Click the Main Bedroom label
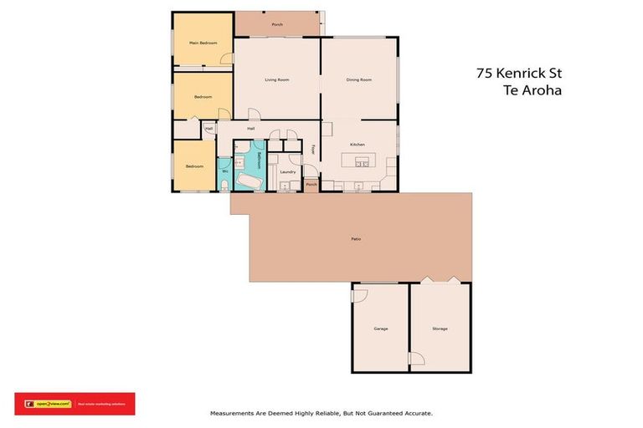tap(203, 43)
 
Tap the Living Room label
tap(277, 79)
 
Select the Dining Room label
tap(358, 79)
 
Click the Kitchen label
tap(358, 145)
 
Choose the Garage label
tap(380, 329)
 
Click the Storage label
tap(440, 329)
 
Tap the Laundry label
tap(288, 171)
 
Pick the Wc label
tap(225, 171)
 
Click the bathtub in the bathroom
tap(248, 181)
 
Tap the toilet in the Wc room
tap(226, 184)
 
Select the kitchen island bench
tap(362, 160)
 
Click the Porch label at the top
tap(277, 24)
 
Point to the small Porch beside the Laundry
tap(311, 184)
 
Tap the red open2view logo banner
tap(75, 404)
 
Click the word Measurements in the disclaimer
tap(238, 413)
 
